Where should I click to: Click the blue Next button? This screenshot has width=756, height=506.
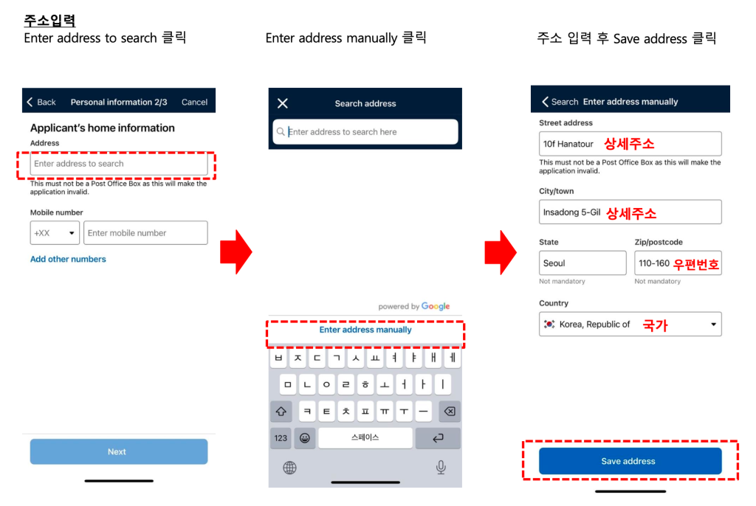click(119, 451)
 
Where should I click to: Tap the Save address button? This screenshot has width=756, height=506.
click(630, 461)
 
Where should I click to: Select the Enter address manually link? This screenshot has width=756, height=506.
click(365, 330)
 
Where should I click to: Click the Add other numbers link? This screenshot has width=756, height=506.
click(68, 259)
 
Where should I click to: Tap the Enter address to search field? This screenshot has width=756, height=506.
click(119, 164)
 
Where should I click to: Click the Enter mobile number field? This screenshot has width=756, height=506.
click(145, 233)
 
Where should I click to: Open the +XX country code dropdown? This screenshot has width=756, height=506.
click(55, 233)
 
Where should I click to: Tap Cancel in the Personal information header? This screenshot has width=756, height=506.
click(194, 103)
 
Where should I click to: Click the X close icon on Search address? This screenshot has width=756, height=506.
click(283, 103)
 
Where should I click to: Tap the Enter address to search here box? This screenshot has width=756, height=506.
click(365, 131)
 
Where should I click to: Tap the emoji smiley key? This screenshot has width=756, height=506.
click(305, 437)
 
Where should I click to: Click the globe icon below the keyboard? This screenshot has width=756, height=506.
click(289, 468)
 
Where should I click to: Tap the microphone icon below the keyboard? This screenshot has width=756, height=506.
click(441, 467)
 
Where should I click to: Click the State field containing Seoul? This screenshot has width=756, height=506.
click(583, 263)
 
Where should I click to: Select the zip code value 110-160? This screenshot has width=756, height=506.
click(654, 263)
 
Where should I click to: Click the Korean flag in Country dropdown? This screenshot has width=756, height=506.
click(549, 325)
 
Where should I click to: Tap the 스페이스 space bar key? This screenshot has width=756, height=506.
click(365, 437)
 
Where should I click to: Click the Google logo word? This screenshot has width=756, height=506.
click(436, 306)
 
